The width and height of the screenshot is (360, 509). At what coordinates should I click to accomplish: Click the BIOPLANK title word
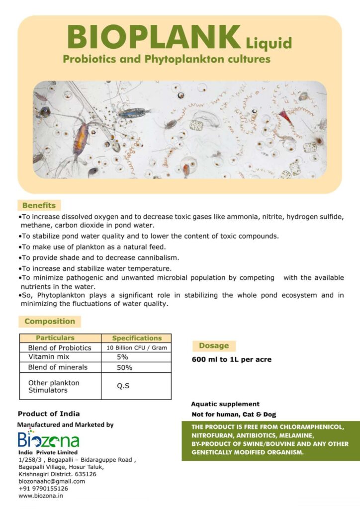154,38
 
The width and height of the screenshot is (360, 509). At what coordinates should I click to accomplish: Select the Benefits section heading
39,205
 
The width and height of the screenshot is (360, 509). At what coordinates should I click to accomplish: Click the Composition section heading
50,321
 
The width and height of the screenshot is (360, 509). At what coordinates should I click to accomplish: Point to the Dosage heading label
214,345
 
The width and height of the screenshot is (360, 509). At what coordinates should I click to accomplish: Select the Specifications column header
137,338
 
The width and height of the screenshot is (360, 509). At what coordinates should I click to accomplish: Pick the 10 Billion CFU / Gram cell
137,348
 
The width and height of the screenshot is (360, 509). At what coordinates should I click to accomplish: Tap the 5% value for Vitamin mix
122,357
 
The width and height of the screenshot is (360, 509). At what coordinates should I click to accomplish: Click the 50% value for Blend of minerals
124,368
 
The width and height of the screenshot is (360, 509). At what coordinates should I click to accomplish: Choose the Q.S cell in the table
123,386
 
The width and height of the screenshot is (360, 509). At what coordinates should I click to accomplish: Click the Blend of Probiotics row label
60,348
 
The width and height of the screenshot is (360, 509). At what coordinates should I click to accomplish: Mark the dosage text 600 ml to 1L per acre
232,359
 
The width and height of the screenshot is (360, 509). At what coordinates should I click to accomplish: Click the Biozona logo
48,440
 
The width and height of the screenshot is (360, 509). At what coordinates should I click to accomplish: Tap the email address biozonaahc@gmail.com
52,481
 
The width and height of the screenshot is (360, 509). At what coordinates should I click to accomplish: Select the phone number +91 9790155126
43,489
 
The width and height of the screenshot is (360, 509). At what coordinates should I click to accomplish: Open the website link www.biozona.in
40,496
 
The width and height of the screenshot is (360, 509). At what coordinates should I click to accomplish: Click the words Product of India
49,414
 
